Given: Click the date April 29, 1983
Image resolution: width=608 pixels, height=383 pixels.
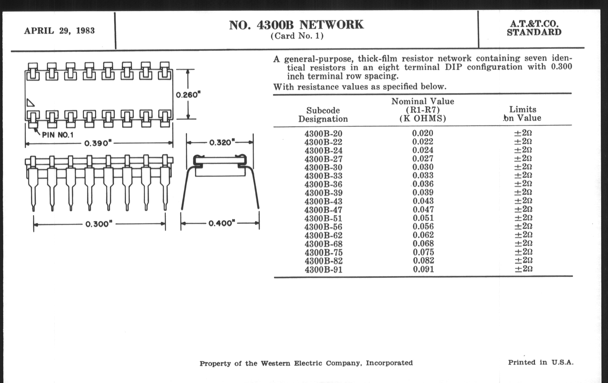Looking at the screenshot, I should coord(59,31).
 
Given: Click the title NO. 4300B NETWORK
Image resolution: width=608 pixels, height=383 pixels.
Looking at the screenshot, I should coord(296,25).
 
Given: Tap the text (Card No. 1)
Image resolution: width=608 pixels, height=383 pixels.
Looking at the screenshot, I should coord(297,36).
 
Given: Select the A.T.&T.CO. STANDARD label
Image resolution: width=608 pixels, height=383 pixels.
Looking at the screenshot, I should coord(534,28).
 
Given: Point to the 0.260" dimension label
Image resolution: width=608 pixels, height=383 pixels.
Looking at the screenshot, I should coord(188,95).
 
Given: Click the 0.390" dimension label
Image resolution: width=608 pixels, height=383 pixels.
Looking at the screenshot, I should coord(98,143).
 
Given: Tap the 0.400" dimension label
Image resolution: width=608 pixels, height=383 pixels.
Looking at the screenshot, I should coord(221,223).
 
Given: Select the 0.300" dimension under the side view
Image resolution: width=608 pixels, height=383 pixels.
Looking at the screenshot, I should coord(99,224).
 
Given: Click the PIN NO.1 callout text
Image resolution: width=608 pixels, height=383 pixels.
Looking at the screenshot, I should coord(57,135).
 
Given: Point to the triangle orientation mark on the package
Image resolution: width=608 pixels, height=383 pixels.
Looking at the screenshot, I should coord(30,103).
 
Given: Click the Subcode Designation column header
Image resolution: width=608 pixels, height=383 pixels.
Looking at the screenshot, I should coord(323,114).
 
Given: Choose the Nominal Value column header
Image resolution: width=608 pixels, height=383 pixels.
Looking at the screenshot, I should coord(423,110).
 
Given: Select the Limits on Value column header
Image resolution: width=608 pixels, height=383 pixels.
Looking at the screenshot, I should coord(522,113).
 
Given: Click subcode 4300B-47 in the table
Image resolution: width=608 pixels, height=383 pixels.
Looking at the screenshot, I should coord(323,210).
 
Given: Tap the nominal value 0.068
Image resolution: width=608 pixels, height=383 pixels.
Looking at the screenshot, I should coord(423,244).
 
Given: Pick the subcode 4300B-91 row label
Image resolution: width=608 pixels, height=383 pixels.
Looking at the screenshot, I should coord(323,270).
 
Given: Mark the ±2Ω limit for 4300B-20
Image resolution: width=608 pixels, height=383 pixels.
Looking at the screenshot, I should coord(523,133).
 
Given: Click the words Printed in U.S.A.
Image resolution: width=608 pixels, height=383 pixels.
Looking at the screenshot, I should coord(540,362).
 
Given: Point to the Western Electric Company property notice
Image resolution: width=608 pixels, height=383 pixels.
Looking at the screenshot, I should coord(306,363).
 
